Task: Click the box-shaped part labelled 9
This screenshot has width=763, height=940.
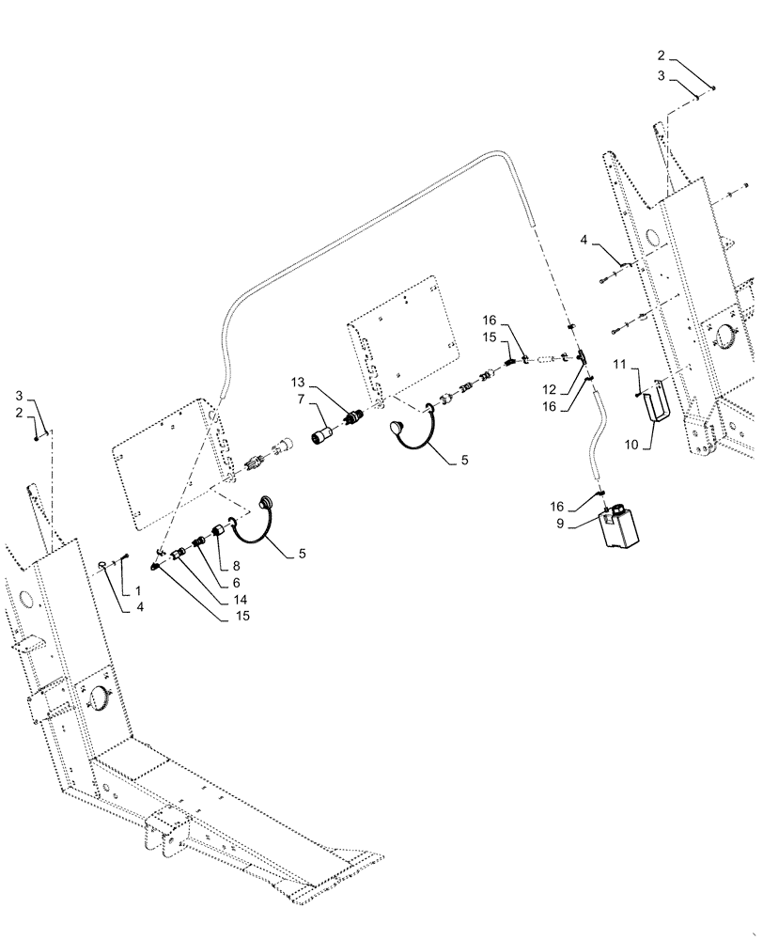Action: point(617,526)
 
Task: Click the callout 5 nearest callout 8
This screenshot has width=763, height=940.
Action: point(301,555)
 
